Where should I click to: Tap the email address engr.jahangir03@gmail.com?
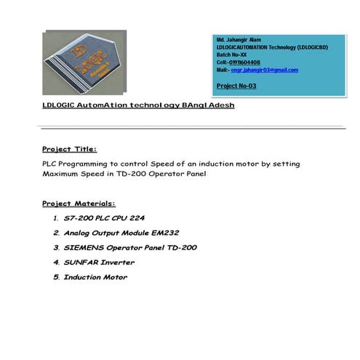point(265,70)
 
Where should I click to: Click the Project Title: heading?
point(70,149)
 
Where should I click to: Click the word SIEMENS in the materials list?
point(84,247)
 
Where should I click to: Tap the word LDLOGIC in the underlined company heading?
point(61,105)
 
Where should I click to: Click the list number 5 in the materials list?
point(55,277)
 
